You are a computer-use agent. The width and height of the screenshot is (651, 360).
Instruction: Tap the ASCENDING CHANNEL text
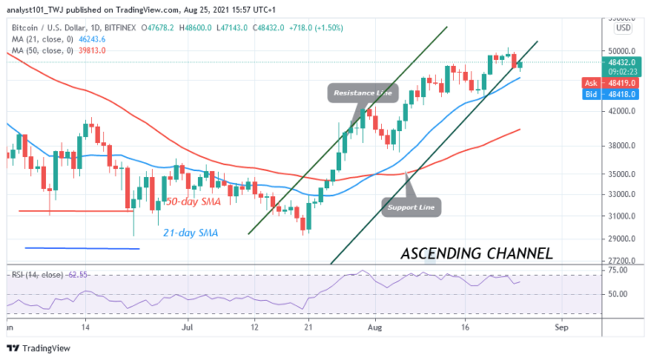pyautogui.click(x=477, y=254)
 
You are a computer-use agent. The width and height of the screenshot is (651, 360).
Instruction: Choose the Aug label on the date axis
pyautogui.click(x=375, y=330)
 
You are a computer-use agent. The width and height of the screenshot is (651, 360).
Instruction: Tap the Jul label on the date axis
pyautogui.click(x=187, y=330)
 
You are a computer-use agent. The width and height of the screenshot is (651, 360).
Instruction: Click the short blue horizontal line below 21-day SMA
pyautogui.click(x=82, y=248)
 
